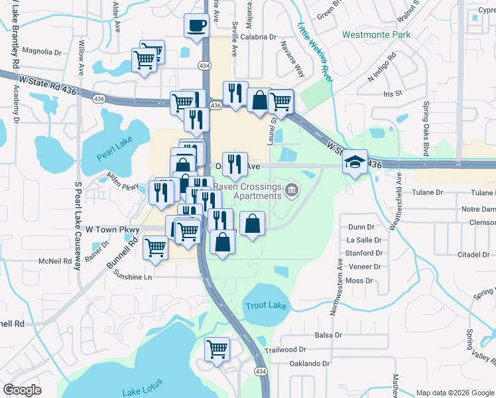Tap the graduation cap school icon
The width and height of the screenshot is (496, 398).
[355, 162]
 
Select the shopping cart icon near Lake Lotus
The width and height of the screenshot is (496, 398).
[217, 349]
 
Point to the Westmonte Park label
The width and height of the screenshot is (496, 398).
[376, 34]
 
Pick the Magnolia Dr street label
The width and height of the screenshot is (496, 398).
[41, 50]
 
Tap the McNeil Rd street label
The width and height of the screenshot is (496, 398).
[54, 261]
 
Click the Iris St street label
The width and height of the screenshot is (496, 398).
[393, 94]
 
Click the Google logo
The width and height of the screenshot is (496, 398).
[23, 389]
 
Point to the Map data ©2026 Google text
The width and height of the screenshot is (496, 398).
[454, 393]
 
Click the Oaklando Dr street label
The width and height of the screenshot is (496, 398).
[306, 364]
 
